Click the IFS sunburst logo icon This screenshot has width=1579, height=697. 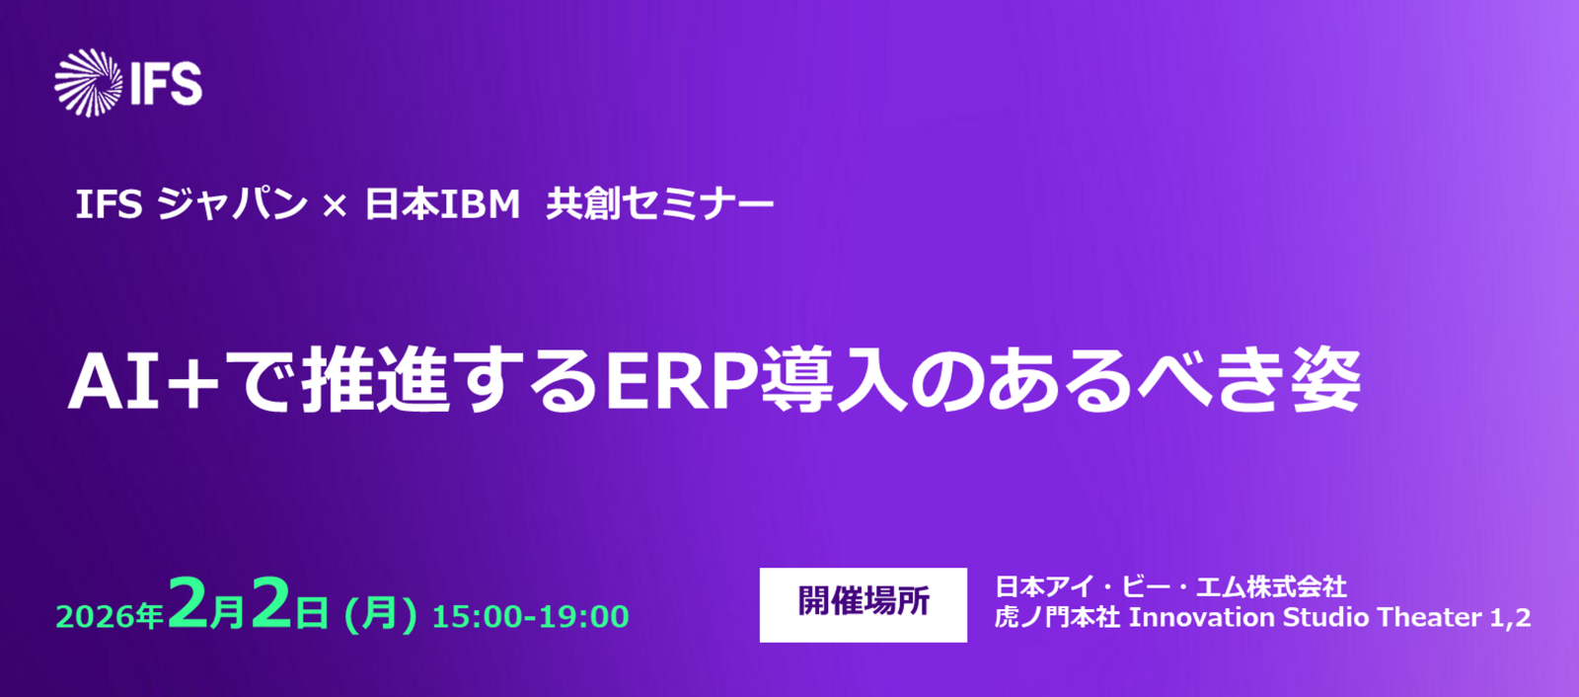(89, 83)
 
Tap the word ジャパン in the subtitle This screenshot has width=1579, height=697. (231, 204)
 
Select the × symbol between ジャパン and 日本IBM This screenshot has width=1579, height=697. (335, 206)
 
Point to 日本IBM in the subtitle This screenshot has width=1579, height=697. (442, 204)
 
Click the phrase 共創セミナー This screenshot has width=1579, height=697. (660, 204)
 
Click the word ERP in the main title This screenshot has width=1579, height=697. (682, 381)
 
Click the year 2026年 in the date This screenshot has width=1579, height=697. (110, 617)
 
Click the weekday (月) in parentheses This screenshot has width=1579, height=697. (380, 614)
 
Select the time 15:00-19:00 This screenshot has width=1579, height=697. (530, 617)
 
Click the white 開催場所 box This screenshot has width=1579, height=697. (863, 604)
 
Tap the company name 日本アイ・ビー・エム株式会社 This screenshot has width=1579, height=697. (1170, 586)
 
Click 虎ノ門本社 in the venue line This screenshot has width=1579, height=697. (1057, 617)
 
